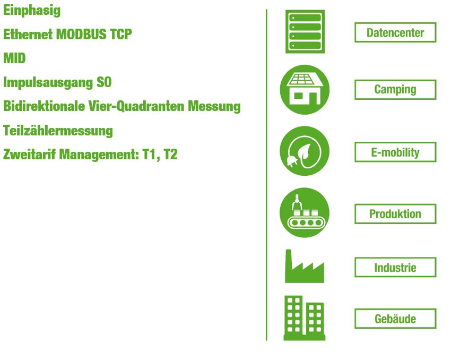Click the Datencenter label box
click(395, 32)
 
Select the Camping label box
click(395, 90)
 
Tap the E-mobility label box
click(395, 152)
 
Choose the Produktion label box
click(395, 214)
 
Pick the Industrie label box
click(395, 267)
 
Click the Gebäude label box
click(395, 319)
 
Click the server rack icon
click(305, 31)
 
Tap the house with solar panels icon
click(305, 90)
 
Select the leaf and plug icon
click(305, 151)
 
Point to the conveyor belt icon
click(305, 212)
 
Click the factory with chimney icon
click(305, 267)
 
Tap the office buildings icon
click(305, 318)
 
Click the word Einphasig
click(32, 11)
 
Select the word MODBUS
click(81, 34)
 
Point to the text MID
click(14, 58)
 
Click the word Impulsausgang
click(48, 83)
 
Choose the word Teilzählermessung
click(58, 131)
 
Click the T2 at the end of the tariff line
click(170, 155)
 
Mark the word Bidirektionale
click(44, 106)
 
